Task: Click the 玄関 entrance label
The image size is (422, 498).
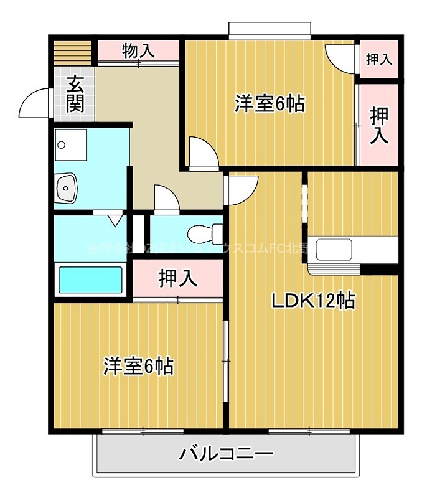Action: [75, 93]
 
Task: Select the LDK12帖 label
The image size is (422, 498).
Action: [312, 301]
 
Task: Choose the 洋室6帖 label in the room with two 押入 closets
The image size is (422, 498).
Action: [269, 104]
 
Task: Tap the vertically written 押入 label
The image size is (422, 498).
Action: [379, 125]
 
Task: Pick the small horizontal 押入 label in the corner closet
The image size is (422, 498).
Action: [378, 60]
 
